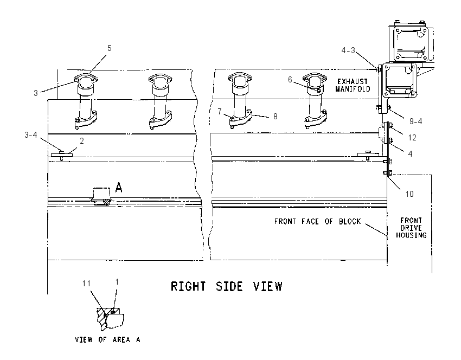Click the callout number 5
110,48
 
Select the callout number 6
290,80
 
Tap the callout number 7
220,112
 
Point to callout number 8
275,117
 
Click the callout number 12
412,138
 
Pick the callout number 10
409,194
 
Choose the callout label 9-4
416,121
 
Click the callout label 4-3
348,50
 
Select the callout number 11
86,284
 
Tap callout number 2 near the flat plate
82,141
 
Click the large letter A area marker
118,188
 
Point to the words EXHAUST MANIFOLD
353,85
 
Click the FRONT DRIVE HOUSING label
411,228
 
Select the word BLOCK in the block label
350,221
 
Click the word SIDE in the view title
229,286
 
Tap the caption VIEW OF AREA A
107,340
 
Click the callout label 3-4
31,135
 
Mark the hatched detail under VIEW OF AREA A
110,319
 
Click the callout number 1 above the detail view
117,282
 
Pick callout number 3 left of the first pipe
36,93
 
